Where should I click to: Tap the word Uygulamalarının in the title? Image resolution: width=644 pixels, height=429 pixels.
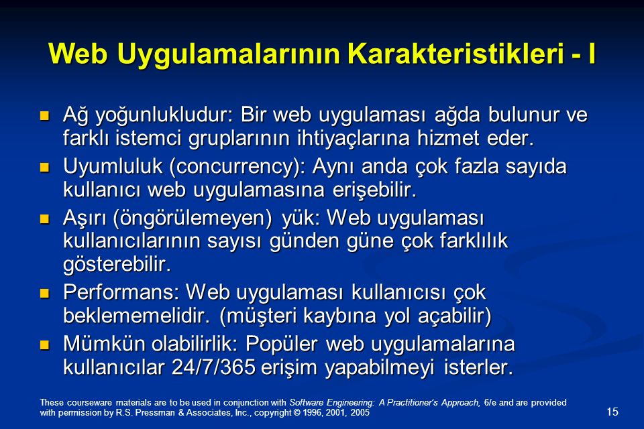tap(228, 54)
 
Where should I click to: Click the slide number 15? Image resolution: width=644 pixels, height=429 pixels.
tap(612, 412)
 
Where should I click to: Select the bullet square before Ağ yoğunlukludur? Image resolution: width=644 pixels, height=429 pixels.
tap(44, 115)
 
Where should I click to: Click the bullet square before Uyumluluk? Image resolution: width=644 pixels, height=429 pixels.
tap(44, 167)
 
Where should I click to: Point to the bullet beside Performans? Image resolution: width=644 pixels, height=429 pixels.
tap(44, 293)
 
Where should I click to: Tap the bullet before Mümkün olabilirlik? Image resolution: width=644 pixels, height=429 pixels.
tap(44, 345)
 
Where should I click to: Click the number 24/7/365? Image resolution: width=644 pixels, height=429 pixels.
tap(213, 367)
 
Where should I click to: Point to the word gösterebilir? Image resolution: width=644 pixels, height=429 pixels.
tap(117, 264)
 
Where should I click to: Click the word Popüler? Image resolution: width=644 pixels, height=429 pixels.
tap(281, 344)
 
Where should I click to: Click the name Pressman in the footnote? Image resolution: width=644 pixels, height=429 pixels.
tap(154, 413)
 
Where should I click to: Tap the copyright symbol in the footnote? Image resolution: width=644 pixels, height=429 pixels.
tap(297, 413)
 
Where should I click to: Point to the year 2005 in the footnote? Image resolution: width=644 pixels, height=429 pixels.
tap(360, 413)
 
